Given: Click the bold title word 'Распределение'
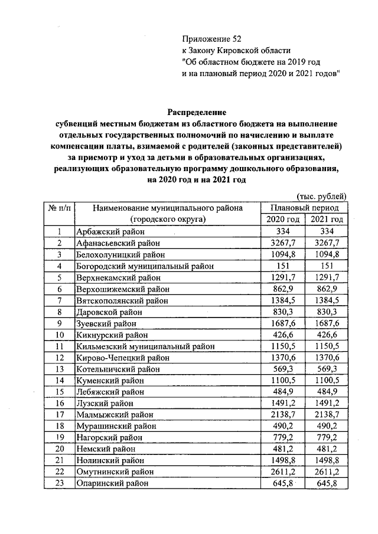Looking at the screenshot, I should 197,112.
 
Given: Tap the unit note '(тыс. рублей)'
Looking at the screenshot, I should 321,196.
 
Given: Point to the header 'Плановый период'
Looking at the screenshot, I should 304,208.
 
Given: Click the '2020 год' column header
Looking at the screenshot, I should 283,220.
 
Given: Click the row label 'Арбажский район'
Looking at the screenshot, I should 109,231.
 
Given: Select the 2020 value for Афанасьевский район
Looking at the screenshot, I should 283,243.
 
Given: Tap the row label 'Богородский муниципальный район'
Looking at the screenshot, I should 144,266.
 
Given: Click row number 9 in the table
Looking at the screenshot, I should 60,323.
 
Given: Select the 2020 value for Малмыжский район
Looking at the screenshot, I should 283,415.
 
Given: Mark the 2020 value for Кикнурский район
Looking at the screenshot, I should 283,335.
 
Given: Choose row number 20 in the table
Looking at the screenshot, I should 60,450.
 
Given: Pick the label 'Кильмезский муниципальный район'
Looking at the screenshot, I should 145,346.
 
